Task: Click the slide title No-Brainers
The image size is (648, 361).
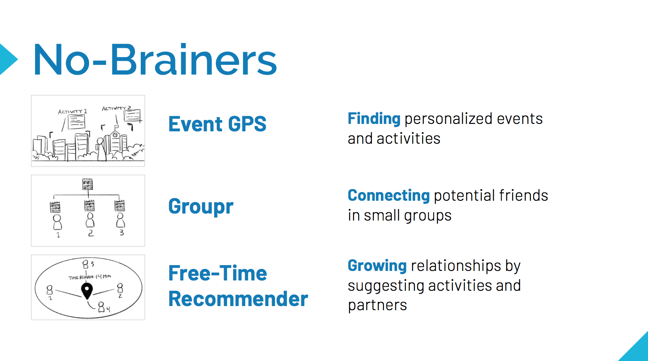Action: point(155,59)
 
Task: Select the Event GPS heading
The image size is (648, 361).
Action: point(217,124)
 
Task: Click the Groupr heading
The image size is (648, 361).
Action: point(201,207)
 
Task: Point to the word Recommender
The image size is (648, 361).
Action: point(238,299)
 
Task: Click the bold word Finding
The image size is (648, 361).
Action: point(374,119)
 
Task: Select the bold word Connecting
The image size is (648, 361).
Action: point(388,196)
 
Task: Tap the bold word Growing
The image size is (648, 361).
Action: point(377,266)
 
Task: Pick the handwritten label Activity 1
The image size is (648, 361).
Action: point(72,112)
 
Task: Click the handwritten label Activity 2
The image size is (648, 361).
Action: point(116,108)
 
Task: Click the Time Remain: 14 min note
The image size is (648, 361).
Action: point(90,277)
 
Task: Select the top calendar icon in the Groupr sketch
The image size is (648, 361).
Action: point(88,184)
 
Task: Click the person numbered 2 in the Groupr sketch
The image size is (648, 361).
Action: point(90,220)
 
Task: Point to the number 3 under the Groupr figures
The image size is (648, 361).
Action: point(122,232)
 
